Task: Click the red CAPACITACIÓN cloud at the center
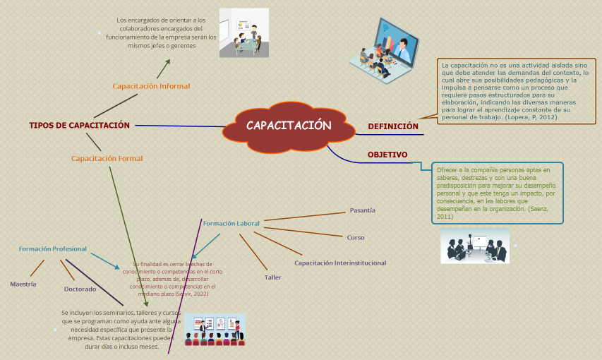(x=289, y=126)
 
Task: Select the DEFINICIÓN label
(x=393, y=126)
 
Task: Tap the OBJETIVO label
(x=387, y=155)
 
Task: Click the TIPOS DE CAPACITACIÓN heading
(x=79, y=125)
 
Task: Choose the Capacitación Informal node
(x=151, y=86)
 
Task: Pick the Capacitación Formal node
(x=107, y=159)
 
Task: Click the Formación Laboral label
(x=231, y=223)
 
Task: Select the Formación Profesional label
(x=53, y=248)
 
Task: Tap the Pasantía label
(x=363, y=210)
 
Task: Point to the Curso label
(x=356, y=237)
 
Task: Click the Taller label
(x=272, y=277)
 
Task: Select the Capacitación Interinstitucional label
(x=340, y=263)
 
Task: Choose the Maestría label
(x=23, y=284)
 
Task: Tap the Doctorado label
(x=80, y=289)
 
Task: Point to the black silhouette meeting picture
(x=474, y=246)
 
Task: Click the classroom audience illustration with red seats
(x=215, y=330)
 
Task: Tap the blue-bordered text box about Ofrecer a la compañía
(x=498, y=193)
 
